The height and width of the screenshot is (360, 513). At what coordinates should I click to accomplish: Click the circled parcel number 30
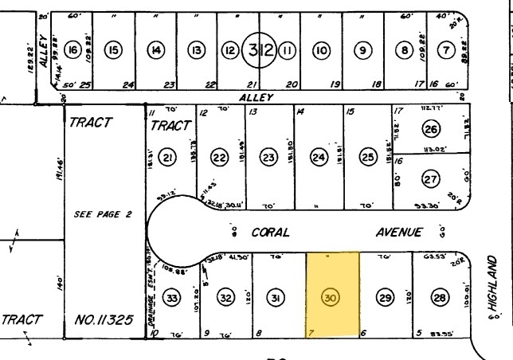[x=330, y=298]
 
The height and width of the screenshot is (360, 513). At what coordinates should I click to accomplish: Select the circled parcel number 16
[x=72, y=51]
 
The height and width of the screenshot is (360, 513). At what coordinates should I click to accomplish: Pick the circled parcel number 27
[x=431, y=180]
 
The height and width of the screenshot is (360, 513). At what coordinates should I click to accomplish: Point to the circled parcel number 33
[x=170, y=298]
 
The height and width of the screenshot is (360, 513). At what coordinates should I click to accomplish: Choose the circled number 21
[x=167, y=158]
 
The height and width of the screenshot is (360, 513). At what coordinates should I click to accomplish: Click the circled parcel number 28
[x=439, y=298]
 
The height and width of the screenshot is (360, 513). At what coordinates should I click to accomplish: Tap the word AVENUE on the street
[x=398, y=232]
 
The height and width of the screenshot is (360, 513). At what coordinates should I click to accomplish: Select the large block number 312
[x=261, y=51]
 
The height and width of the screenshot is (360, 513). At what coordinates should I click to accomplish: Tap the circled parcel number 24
[x=319, y=158]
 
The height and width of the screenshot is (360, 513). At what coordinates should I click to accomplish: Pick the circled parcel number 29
[x=386, y=298]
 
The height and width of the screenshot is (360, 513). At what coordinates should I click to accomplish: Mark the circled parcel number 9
[x=363, y=51]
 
